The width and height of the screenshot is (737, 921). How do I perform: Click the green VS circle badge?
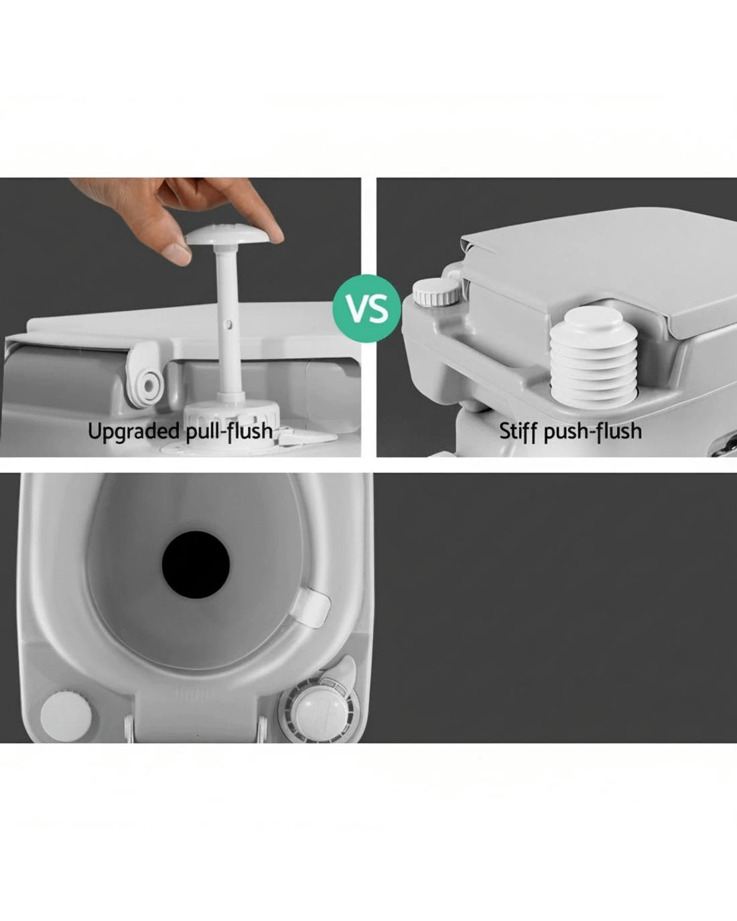point(367,308)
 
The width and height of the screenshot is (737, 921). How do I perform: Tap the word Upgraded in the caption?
point(135,431)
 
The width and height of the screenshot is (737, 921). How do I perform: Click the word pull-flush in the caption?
point(230,431)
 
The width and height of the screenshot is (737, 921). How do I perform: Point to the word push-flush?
point(592,431)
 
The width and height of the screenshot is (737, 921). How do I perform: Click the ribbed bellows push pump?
point(593,356)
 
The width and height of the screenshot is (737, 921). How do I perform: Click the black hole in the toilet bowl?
point(196,564)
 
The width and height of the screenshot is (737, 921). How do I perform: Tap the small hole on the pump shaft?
point(230,325)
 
